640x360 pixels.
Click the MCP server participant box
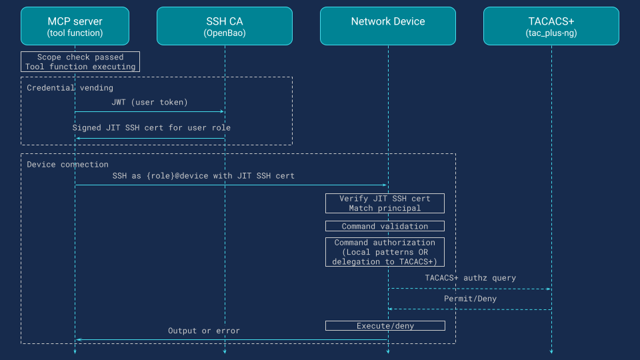pyautogui.click(x=75, y=26)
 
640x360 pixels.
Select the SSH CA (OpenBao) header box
pyautogui.click(x=225, y=26)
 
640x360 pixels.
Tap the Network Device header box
pyautogui.click(x=387, y=26)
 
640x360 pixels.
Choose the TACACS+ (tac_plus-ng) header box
pyautogui.click(x=551, y=26)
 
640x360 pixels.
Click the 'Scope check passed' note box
pyautogui.click(x=80, y=62)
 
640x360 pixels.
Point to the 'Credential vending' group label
pyautogui.click(x=70, y=87)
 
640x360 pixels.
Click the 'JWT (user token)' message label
pyautogui.click(x=149, y=102)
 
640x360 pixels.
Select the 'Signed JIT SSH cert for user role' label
pyautogui.click(x=151, y=127)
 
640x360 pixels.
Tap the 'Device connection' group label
pyautogui.click(x=67, y=164)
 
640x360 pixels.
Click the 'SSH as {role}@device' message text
pyautogui.click(x=203, y=176)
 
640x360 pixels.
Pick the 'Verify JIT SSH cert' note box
pyautogui.click(x=385, y=203)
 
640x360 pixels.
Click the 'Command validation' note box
pyautogui.click(x=385, y=226)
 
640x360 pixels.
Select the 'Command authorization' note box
pyautogui.click(x=385, y=252)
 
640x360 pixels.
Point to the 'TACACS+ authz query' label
pyautogui.click(x=470, y=277)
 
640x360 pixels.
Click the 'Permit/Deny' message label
pyautogui.click(x=470, y=299)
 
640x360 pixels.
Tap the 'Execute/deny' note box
pyautogui.click(x=385, y=325)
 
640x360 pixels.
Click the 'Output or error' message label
pyautogui.click(x=203, y=330)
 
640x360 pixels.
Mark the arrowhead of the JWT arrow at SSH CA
pyautogui.click(x=222, y=112)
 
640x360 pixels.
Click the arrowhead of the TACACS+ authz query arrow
pyautogui.click(x=549, y=289)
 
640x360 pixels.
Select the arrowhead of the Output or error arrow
pyautogui.click(x=78, y=339)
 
